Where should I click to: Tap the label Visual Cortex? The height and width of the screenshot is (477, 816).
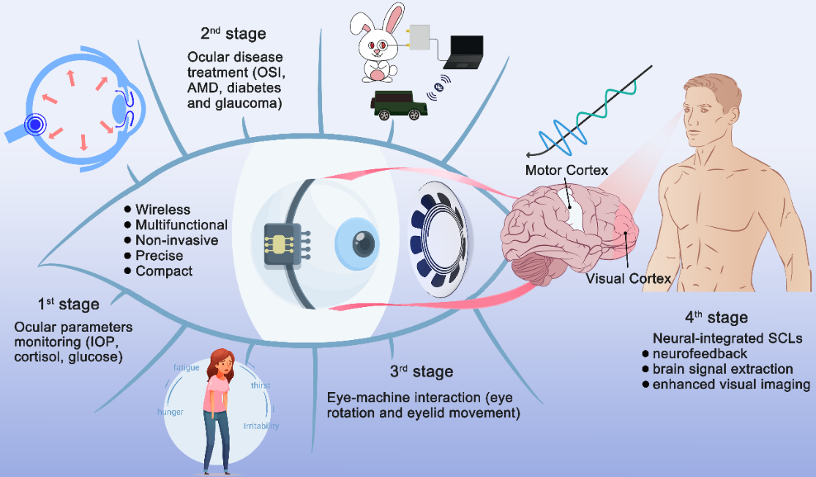coord(628,278)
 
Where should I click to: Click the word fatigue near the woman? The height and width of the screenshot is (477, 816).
coord(186,367)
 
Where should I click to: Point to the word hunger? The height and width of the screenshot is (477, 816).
coord(171,412)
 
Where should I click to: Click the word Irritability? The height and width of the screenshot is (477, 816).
coord(261,426)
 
